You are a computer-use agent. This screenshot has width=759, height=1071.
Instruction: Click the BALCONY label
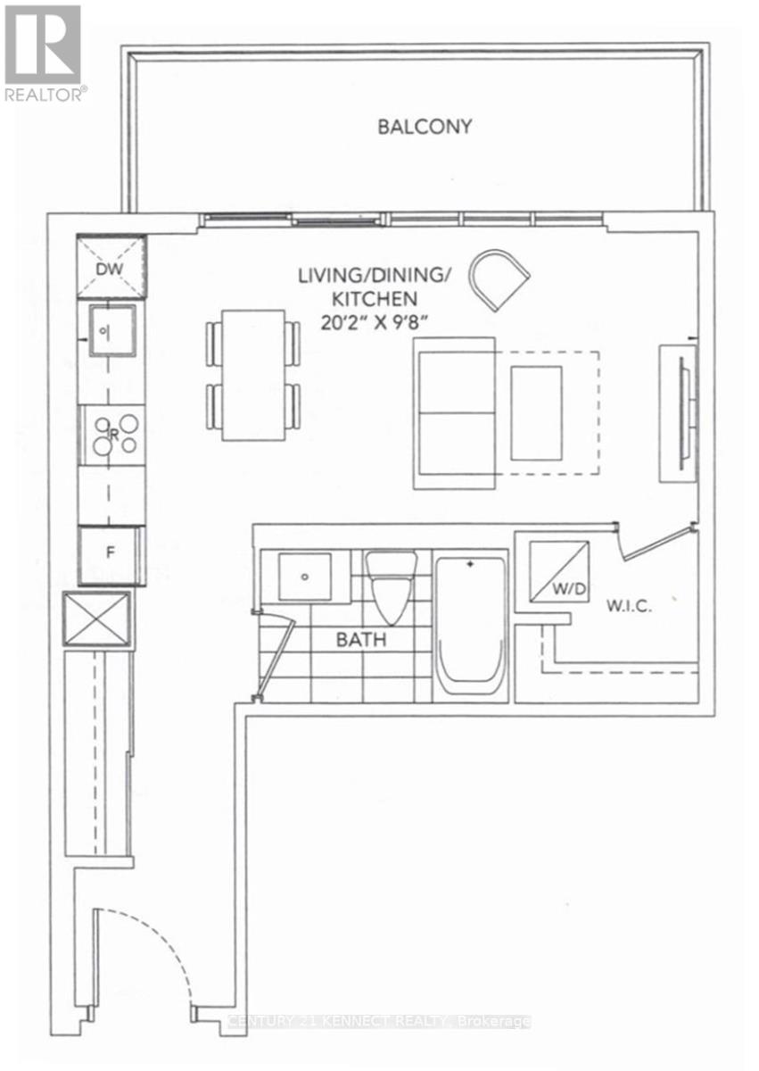(425, 127)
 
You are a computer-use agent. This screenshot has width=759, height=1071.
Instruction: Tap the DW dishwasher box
(111, 267)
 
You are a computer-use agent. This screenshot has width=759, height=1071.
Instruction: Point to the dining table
(253, 376)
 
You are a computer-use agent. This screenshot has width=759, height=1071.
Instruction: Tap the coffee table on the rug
(536, 413)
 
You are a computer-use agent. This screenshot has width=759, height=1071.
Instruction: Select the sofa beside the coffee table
(454, 413)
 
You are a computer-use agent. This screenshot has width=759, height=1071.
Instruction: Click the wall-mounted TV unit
(679, 413)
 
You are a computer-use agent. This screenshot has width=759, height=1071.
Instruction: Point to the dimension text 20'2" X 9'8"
(374, 323)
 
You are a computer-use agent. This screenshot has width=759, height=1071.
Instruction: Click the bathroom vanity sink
(305, 577)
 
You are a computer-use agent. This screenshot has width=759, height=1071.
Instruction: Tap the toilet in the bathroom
(391, 588)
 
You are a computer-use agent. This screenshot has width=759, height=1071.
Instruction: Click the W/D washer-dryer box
(559, 572)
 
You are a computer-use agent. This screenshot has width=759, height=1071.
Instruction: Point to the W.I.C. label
(629, 606)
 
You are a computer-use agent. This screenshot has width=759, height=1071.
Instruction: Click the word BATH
(361, 640)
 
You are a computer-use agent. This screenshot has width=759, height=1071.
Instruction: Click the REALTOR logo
(44, 53)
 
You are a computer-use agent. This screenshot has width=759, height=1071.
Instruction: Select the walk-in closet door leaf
(657, 544)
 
